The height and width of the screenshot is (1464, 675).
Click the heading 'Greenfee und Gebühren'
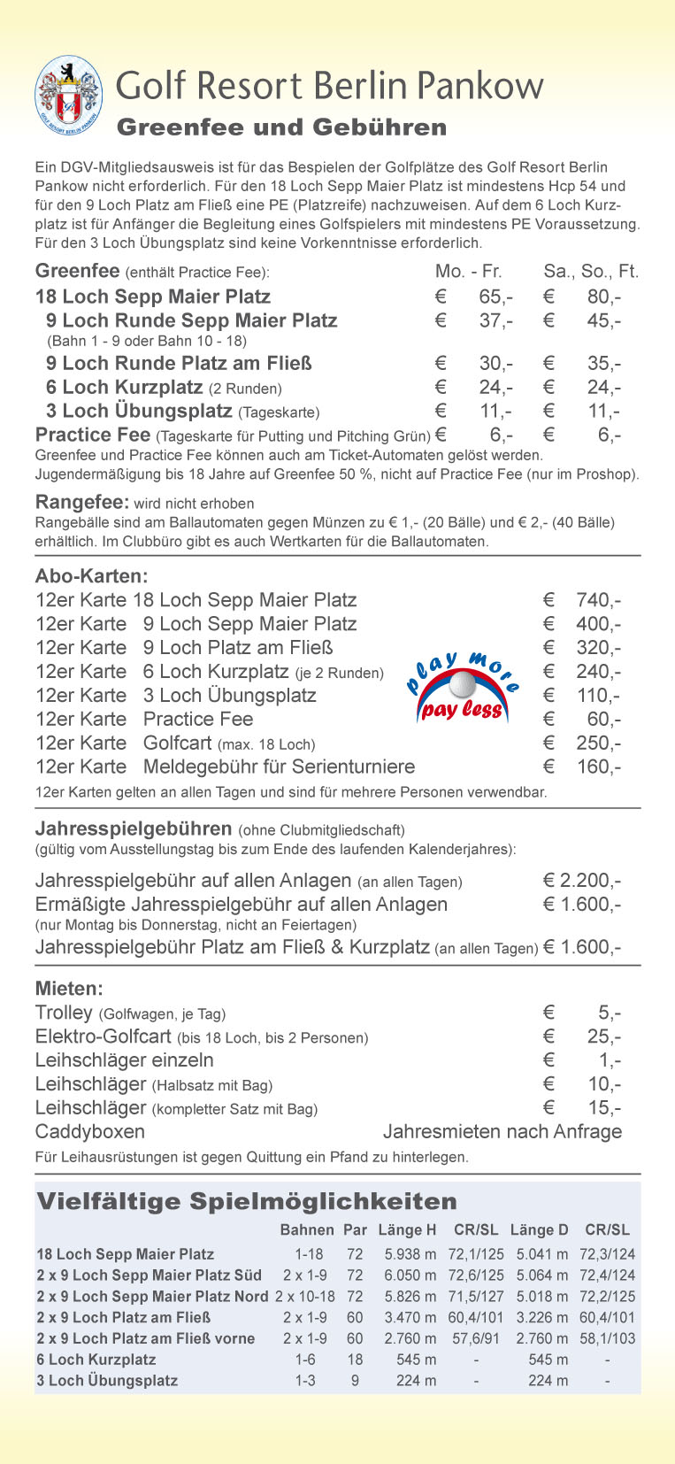point(281,127)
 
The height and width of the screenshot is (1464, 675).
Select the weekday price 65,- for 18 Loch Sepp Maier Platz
point(495,297)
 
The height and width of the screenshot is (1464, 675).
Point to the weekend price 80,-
point(603,297)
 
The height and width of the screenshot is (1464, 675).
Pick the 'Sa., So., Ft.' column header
point(590,272)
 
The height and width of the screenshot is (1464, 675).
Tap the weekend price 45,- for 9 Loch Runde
point(603,320)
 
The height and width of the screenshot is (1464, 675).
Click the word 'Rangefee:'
point(82,503)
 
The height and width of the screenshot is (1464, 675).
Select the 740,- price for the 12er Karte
point(598,600)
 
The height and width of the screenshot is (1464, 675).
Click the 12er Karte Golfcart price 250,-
point(598,744)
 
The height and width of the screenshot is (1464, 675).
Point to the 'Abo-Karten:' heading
point(91,576)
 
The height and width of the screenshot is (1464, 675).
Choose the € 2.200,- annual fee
point(581,881)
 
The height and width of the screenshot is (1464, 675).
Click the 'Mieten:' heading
point(69,989)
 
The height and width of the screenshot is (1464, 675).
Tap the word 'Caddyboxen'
point(90,1131)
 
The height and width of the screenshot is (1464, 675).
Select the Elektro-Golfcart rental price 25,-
point(604,1036)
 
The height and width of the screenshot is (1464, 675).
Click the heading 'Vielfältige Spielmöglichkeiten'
point(247,1201)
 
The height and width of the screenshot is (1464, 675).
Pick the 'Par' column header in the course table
point(355,1229)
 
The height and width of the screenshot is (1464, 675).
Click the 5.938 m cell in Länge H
point(410,1254)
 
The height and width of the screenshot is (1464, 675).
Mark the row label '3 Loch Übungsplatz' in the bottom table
point(107,1380)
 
